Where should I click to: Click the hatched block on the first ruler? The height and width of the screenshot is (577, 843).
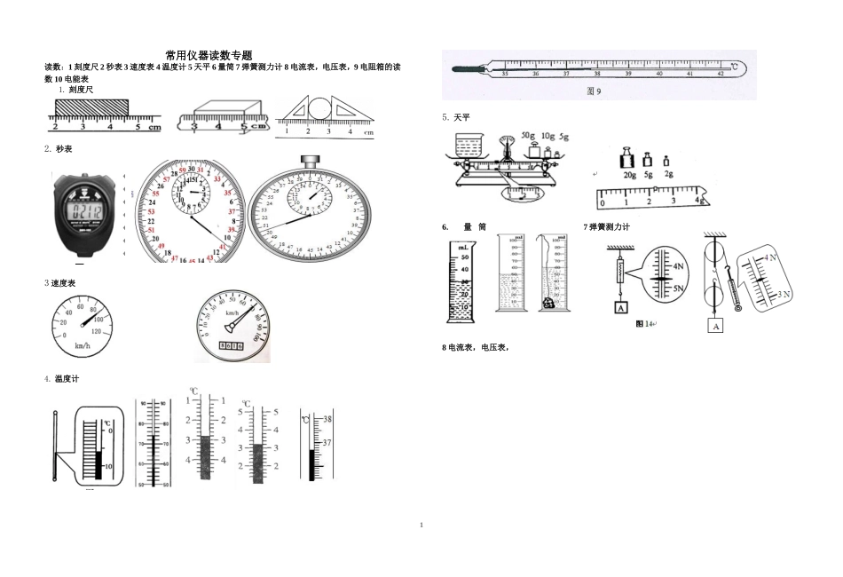(91, 107)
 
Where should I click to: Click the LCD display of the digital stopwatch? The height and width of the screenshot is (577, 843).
(87, 211)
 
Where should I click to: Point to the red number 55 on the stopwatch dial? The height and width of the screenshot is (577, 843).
(155, 194)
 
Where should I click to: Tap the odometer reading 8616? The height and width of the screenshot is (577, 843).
(229, 345)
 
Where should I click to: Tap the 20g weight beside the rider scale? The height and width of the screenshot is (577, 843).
(627, 161)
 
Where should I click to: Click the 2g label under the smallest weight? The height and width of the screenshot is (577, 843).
(668, 175)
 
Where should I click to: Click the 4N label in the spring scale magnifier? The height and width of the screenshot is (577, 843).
(679, 265)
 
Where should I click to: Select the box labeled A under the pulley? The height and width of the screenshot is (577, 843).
(715, 326)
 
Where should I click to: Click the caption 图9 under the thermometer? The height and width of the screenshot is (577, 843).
(595, 91)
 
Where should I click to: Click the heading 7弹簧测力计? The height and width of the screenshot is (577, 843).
(608, 227)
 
